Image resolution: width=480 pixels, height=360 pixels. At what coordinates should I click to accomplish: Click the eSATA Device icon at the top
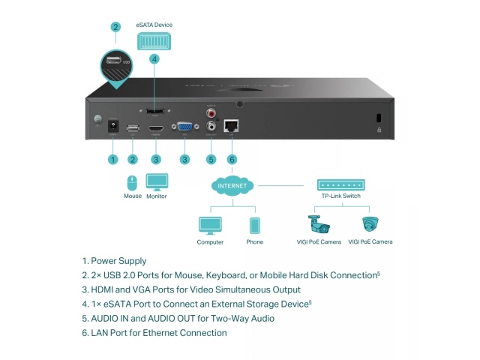154,41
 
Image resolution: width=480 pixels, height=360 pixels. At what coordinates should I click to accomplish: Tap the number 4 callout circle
154,58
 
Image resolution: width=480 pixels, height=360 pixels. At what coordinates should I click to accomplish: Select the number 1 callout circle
113,159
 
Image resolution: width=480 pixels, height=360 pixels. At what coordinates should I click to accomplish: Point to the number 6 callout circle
232,159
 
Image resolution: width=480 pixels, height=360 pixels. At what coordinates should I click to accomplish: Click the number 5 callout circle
211,159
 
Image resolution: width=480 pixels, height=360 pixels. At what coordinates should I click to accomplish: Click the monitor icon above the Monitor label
157,182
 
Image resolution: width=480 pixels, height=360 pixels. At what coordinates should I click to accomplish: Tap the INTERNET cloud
232,185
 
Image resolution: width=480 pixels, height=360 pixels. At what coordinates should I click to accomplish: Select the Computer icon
210,226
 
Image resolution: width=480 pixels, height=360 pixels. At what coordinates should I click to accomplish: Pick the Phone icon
255,226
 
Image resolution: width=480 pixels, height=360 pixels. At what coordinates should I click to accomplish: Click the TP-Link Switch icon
341,185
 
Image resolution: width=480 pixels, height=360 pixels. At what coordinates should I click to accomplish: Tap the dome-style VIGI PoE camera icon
370,224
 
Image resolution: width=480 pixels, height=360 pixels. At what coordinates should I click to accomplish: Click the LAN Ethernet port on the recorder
232,126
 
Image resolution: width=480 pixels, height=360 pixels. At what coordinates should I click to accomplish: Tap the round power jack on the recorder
113,127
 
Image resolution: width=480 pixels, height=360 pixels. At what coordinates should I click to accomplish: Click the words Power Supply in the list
119,261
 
